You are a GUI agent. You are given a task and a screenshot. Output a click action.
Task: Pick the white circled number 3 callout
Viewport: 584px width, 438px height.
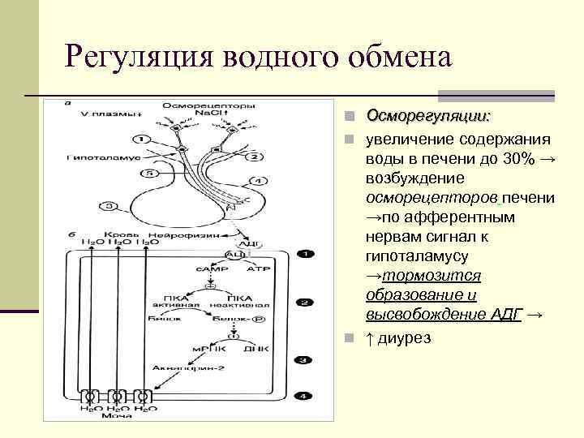click(107, 207)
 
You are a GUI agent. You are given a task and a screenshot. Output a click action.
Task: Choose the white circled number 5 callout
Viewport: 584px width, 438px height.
click(148, 174)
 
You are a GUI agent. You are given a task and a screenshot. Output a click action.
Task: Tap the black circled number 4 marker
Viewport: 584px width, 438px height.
click(303, 397)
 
